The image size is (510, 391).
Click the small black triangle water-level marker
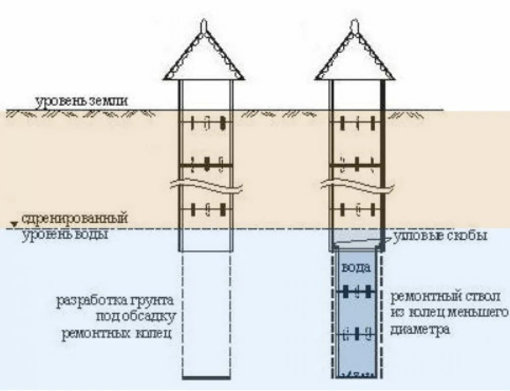(x=15, y=224)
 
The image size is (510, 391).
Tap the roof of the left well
(x=204, y=59)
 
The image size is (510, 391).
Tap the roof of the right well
(x=355, y=59)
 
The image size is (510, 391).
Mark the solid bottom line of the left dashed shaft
(x=206, y=378)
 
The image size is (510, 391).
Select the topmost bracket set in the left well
(x=207, y=123)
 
